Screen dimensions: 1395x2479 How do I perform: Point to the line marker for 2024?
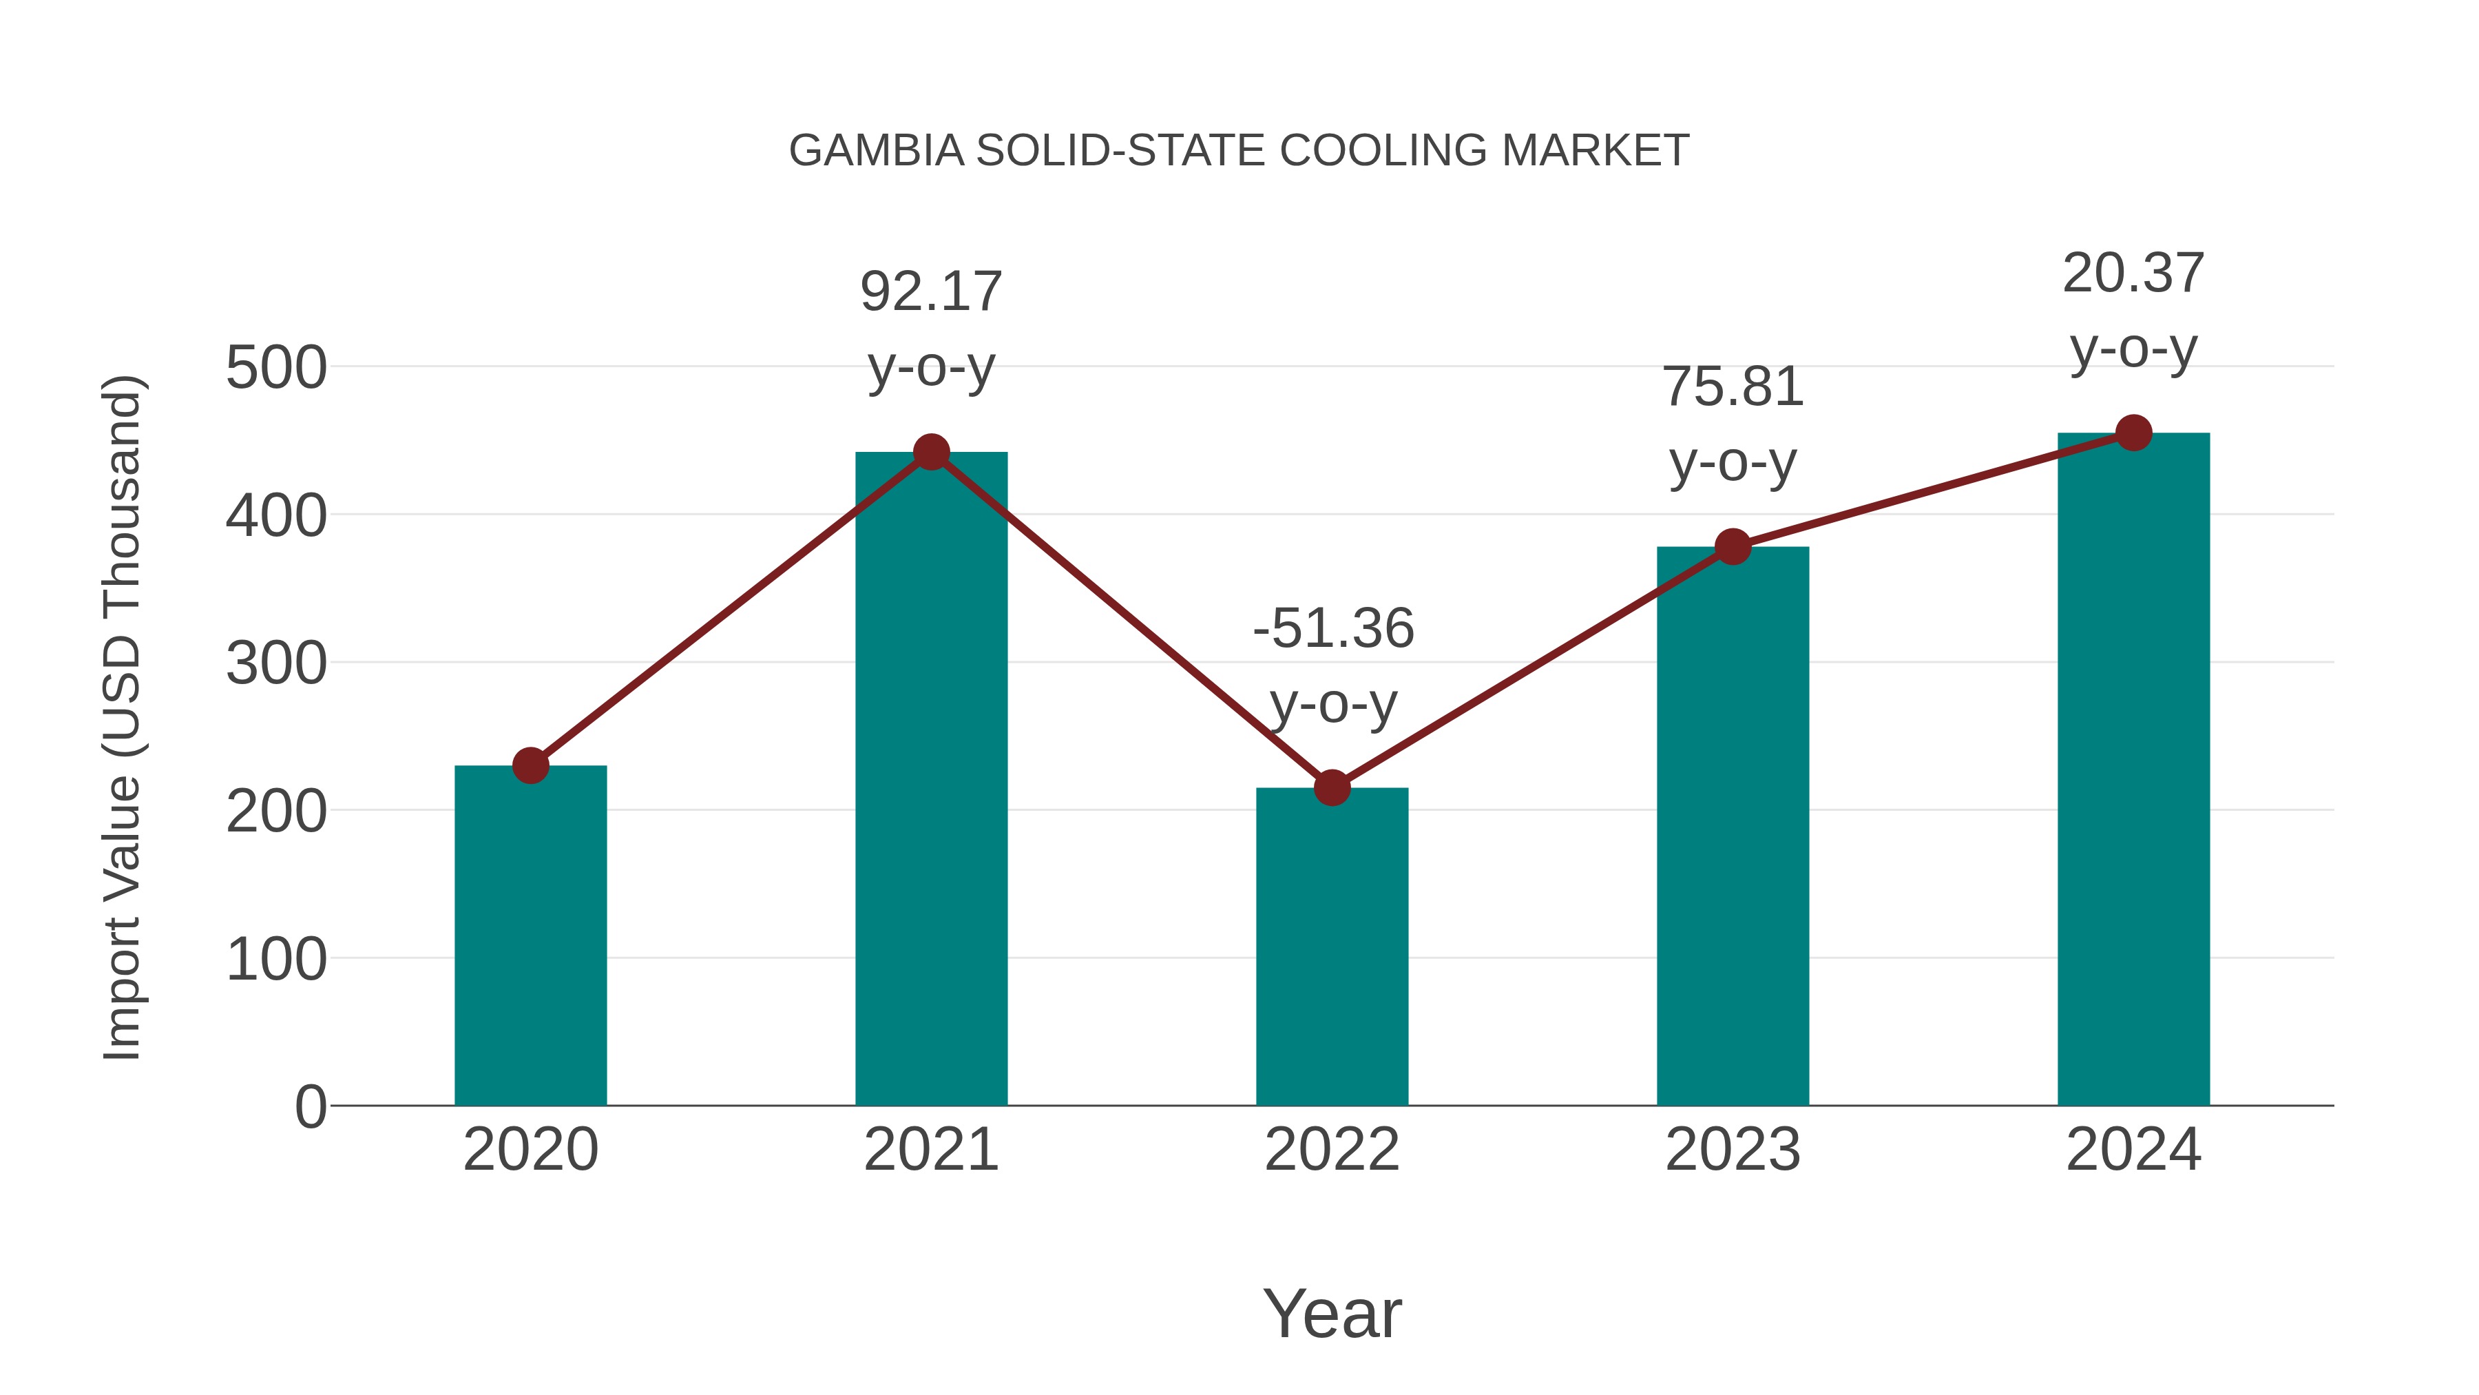pos(2133,433)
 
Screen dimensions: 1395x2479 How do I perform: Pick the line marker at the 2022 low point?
pos(1332,787)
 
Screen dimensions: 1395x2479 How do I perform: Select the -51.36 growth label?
pos(1333,629)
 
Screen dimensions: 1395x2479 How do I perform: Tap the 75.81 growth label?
pos(1733,387)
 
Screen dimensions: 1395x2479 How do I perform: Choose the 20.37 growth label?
pos(2133,273)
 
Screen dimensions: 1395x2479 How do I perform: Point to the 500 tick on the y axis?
pos(276,368)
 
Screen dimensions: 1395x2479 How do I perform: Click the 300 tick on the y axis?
pos(276,663)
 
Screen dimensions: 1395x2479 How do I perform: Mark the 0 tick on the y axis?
pos(310,1106)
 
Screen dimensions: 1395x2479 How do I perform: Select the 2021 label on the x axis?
pos(930,1150)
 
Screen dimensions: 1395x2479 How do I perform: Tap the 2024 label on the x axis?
pos(2133,1150)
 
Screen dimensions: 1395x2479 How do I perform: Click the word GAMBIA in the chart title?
pos(876,151)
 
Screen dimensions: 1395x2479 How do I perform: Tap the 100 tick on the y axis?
pos(276,960)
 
